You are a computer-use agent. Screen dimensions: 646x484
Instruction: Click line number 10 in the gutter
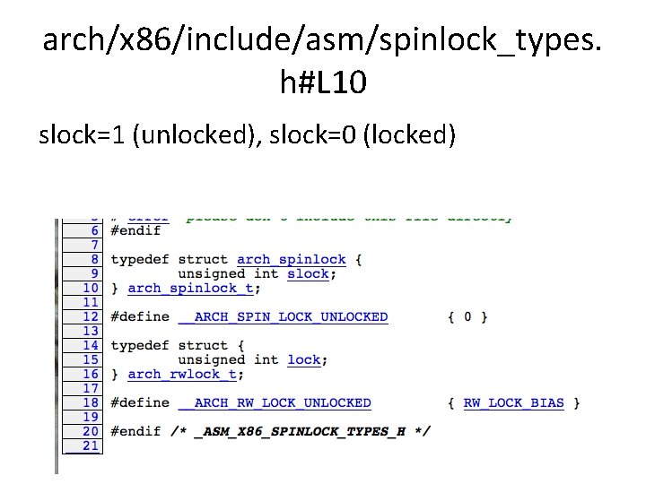pyautogui.click(x=91, y=289)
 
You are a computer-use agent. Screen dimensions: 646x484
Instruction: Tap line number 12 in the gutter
pyautogui.click(x=91, y=317)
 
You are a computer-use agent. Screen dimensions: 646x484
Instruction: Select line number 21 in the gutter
pyautogui.click(x=91, y=445)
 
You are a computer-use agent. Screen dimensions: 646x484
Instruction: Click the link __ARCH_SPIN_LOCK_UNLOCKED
pyautogui.click(x=283, y=317)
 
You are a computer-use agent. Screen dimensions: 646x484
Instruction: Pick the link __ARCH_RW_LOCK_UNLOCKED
pyautogui.click(x=275, y=403)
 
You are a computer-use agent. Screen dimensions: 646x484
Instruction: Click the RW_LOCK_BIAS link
pyautogui.click(x=513, y=403)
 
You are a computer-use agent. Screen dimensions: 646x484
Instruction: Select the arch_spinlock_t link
pyautogui.click(x=191, y=289)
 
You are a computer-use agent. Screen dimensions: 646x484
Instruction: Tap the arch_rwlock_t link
pyautogui.click(x=183, y=375)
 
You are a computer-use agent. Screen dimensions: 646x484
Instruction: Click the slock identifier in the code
pyautogui.click(x=308, y=274)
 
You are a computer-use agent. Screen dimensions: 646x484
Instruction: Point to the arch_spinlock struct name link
pyautogui.click(x=291, y=260)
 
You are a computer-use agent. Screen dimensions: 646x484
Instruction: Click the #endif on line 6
pyautogui.click(x=135, y=231)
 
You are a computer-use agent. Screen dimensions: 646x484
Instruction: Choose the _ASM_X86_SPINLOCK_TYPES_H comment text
pyautogui.click(x=301, y=432)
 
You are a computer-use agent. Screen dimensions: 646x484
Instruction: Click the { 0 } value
pyautogui.click(x=467, y=317)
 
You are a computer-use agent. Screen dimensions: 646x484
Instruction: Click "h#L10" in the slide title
pyautogui.click(x=322, y=84)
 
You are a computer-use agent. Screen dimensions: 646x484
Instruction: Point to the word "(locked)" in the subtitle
pyautogui.click(x=409, y=135)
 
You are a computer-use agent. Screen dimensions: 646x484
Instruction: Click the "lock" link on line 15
pyautogui.click(x=303, y=360)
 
